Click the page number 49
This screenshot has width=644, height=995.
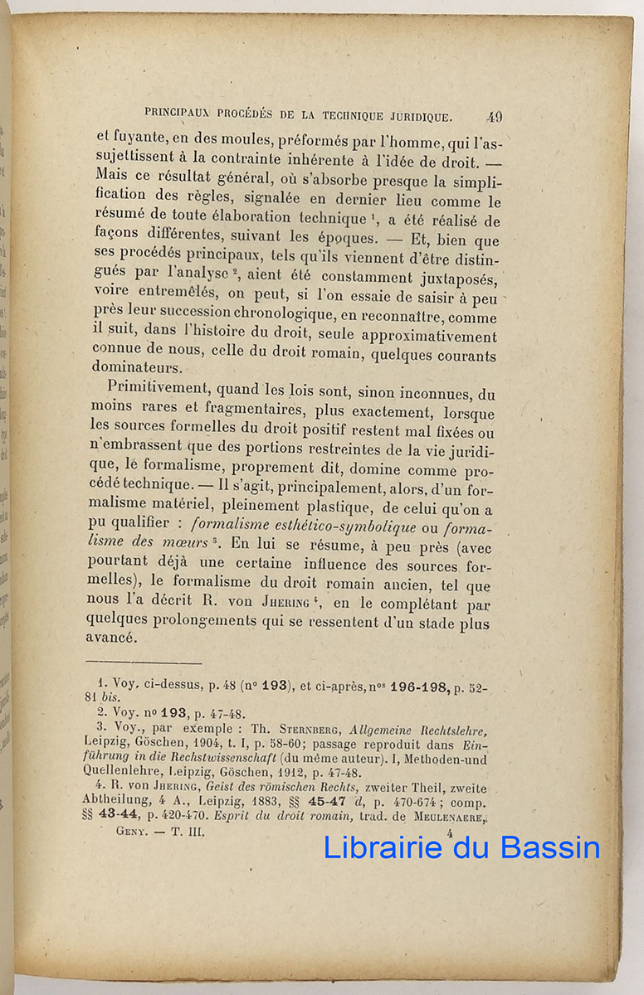(495, 117)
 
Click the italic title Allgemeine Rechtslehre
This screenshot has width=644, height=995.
(418, 730)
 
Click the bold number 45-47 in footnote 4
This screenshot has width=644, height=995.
(329, 803)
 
